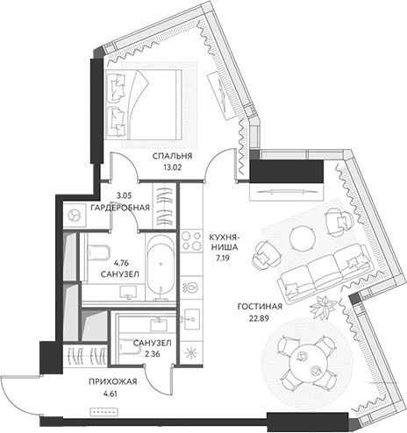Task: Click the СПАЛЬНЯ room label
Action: click(x=172, y=156)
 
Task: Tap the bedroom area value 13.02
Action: click(x=173, y=167)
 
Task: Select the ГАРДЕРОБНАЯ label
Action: click(x=120, y=208)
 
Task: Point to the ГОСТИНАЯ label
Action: click(x=260, y=306)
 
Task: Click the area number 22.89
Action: click(x=259, y=318)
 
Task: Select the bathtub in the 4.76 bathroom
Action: click(x=161, y=267)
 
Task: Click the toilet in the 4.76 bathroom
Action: click(x=98, y=252)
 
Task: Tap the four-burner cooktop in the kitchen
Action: click(x=191, y=240)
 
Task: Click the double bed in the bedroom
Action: click(x=143, y=104)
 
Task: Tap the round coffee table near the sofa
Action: click(x=302, y=239)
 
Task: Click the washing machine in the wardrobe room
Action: click(x=75, y=215)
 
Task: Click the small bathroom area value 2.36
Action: click(x=153, y=354)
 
